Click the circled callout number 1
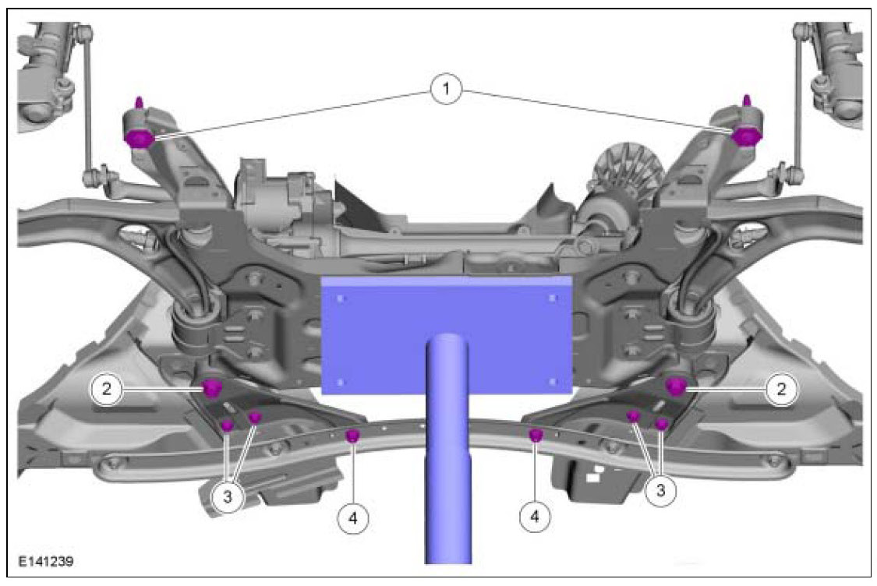(x=446, y=89)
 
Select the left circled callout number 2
(x=106, y=388)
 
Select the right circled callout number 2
(x=781, y=388)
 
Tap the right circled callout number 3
(x=660, y=490)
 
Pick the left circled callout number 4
(x=353, y=517)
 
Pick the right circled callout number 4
(x=535, y=516)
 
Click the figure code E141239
(x=45, y=561)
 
